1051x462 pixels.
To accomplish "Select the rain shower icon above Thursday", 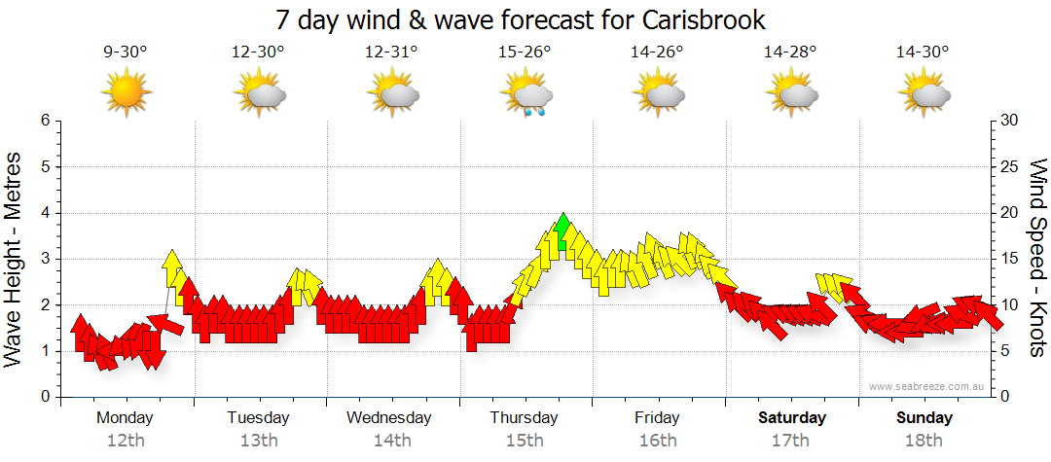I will (x=526, y=96).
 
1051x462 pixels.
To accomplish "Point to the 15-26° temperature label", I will (x=525, y=53).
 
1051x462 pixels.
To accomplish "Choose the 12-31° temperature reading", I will (x=392, y=53).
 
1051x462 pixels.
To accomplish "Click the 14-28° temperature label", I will (x=791, y=53).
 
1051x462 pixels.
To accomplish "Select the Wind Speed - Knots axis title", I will (x=1037, y=259).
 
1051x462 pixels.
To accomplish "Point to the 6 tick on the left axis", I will (x=44, y=122).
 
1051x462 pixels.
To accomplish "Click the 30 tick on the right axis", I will (x=1009, y=122).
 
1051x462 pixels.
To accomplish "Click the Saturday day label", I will (x=791, y=418).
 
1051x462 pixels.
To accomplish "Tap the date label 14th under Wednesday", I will (x=392, y=440).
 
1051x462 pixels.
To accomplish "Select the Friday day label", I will (x=658, y=418).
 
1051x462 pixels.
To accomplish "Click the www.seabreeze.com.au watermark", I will (x=928, y=386).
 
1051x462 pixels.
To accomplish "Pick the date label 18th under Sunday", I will (x=924, y=440).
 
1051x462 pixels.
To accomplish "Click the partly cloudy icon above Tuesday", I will (x=259, y=94).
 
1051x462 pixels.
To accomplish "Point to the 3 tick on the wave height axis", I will (x=44, y=260).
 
